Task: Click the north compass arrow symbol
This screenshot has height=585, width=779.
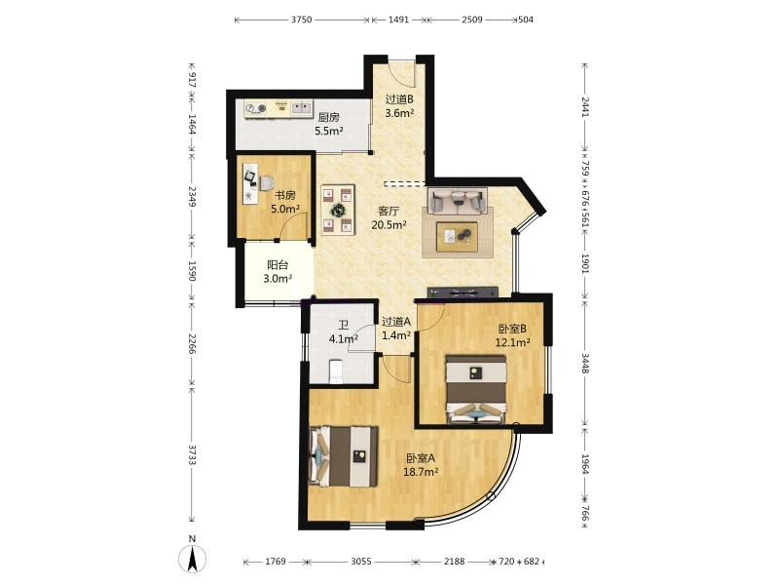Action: pyautogui.click(x=192, y=558)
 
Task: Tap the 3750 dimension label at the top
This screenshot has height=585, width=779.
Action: pyautogui.click(x=301, y=19)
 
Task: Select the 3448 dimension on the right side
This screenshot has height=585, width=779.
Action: pyautogui.click(x=585, y=364)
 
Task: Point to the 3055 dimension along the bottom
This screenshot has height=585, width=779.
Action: pyautogui.click(x=361, y=562)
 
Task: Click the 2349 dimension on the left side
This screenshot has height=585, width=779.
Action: pyautogui.click(x=192, y=197)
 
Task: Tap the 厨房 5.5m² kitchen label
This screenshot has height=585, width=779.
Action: pyautogui.click(x=328, y=125)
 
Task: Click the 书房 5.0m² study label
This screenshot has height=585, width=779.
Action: pyautogui.click(x=284, y=202)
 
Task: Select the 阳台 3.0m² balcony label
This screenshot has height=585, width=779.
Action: pyautogui.click(x=278, y=272)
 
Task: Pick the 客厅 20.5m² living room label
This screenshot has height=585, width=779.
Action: pyautogui.click(x=389, y=217)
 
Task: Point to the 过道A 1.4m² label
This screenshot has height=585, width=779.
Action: pyautogui.click(x=396, y=329)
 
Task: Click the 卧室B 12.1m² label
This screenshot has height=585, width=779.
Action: pyautogui.click(x=512, y=335)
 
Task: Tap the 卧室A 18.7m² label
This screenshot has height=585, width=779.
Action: pyautogui.click(x=421, y=465)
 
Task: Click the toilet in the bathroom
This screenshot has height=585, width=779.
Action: pyautogui.click(x=336, y=371)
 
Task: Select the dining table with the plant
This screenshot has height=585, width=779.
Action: pyautogui.click(x=338, y=210)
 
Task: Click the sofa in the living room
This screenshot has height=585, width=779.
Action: pyautogui.click(x=457, y=201)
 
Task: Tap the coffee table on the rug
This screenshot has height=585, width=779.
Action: pyautogui.click(x=457, y=237)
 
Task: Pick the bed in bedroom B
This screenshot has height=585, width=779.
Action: pyautogui.click(x=476, y=389)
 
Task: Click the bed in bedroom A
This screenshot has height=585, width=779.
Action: pyautogui.click(x=343, y=455)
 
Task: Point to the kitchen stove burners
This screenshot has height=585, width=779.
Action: pyautogui.click(x=256, y=108)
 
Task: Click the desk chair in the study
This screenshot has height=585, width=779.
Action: pyautogui.click(x=266, y=183)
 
